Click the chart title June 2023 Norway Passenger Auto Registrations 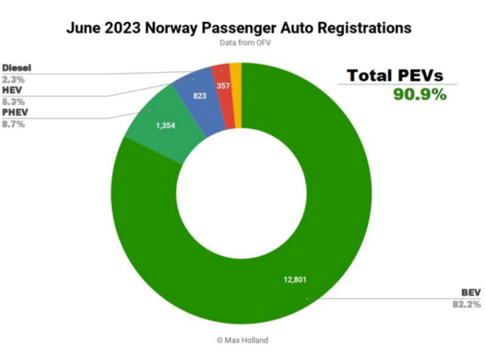tap(242, 28)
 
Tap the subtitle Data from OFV tap(242, 42)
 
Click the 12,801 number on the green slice tap(296, 280)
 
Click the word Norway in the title tap(182, 28)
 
